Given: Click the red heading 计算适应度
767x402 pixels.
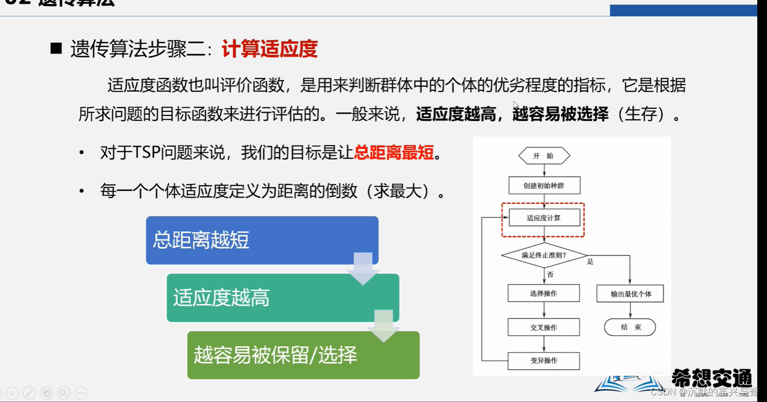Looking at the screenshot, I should click(270, 49).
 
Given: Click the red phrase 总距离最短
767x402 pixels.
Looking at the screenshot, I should click(394, 153).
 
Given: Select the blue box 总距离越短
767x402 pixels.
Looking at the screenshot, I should click(262, 240).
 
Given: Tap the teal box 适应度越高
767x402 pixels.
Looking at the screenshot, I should click(282, 297).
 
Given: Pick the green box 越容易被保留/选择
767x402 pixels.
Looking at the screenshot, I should click(303, 355).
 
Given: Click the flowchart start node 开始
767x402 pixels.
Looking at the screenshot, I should click(544, 156).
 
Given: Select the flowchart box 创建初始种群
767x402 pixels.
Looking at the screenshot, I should click(544, 186).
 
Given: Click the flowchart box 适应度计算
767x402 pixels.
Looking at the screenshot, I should click(544, 218).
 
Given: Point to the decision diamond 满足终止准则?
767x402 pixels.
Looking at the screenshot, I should click(544, 255).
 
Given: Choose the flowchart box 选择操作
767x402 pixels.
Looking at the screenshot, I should click(544, 293).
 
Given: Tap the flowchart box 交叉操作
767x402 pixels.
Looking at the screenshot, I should click(544, 327).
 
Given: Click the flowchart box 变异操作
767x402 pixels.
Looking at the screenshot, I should click(544, 360).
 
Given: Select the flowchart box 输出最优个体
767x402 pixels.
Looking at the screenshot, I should click(630, 294).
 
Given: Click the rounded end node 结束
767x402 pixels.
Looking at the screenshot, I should click(630, 327).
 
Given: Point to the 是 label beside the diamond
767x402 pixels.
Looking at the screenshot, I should click(590, 262).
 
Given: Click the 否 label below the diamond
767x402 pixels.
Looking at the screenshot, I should click(550, 275).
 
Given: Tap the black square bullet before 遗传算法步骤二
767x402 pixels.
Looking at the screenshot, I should click(56, 49).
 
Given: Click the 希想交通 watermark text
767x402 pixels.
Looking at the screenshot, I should click(712, 378).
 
